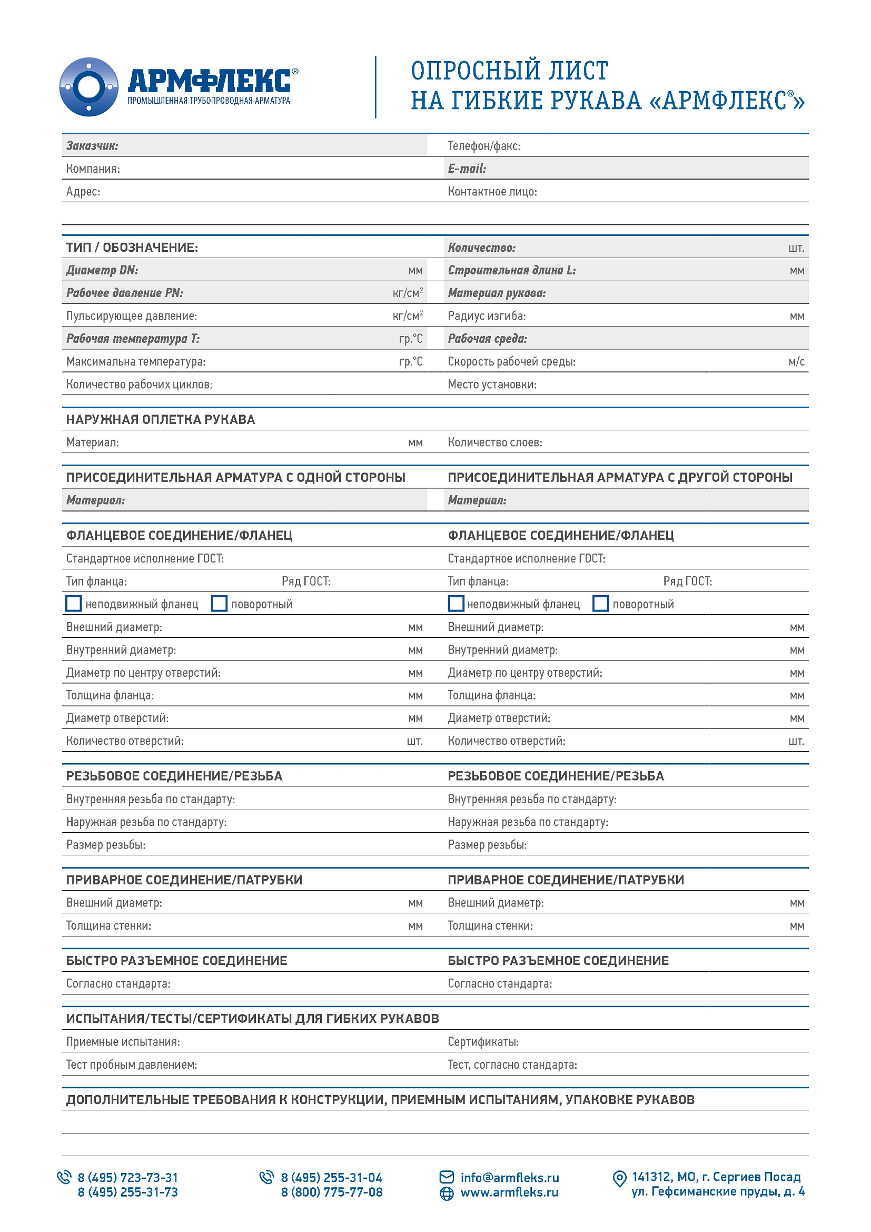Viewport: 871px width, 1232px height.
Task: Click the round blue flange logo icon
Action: (x=88, y=87)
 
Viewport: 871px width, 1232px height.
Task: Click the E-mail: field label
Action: (x=467, y=169)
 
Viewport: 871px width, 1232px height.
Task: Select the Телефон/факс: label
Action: (x=484, y=146)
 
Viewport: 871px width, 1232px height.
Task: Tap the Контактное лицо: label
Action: (x=492, y=192)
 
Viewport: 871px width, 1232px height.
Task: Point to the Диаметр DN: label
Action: (x=102, y=270)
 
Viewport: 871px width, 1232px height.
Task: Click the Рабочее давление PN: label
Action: (x=124, y=293)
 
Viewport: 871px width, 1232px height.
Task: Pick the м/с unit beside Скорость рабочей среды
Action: (x=796, y=362)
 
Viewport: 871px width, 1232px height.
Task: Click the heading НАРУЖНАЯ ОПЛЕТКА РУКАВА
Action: (x=161, y=420)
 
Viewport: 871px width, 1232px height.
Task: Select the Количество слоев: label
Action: (x=494, y=442)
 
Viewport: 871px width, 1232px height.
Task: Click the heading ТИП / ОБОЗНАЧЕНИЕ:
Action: (x=132, y=248)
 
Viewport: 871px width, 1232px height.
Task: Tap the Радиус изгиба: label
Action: (x=487, y=316)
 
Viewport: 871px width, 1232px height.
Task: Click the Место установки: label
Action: (x=492, y=384)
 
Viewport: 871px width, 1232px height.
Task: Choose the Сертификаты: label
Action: (x=483, y=1042)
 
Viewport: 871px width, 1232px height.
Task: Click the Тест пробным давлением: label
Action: (x=132, y=1065)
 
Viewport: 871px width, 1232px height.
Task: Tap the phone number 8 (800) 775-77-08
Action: (x=331, y=1192)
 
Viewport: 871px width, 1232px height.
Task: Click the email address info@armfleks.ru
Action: (x=510, y=1178)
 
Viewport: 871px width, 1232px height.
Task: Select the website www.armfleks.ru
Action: (x=509, y=1192)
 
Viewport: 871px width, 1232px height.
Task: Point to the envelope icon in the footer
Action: (x=446, y=1177)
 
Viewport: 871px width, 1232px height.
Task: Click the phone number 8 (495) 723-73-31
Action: (x=127, y=1178)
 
